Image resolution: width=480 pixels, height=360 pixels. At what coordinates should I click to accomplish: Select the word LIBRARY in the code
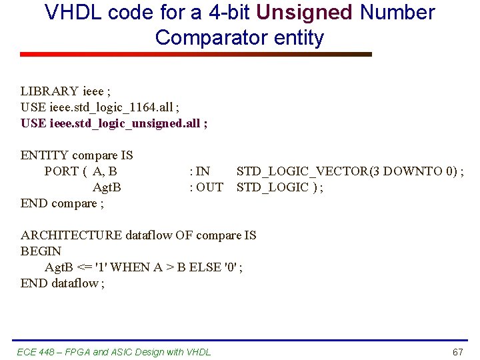pos(49,91)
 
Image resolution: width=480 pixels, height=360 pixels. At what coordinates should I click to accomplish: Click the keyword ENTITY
pos(45,155)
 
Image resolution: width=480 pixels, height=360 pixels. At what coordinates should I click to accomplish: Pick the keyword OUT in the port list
pos(209,187)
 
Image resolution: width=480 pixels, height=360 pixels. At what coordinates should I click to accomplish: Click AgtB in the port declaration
pos(107,187)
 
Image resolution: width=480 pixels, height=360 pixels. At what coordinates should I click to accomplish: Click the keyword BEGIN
pos(41,251)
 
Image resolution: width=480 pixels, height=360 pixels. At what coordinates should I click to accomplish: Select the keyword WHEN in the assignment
pos(131,267)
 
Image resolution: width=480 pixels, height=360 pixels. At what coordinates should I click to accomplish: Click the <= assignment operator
pos(85,267)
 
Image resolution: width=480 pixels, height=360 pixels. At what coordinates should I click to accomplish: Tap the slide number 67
pos(457,352)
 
